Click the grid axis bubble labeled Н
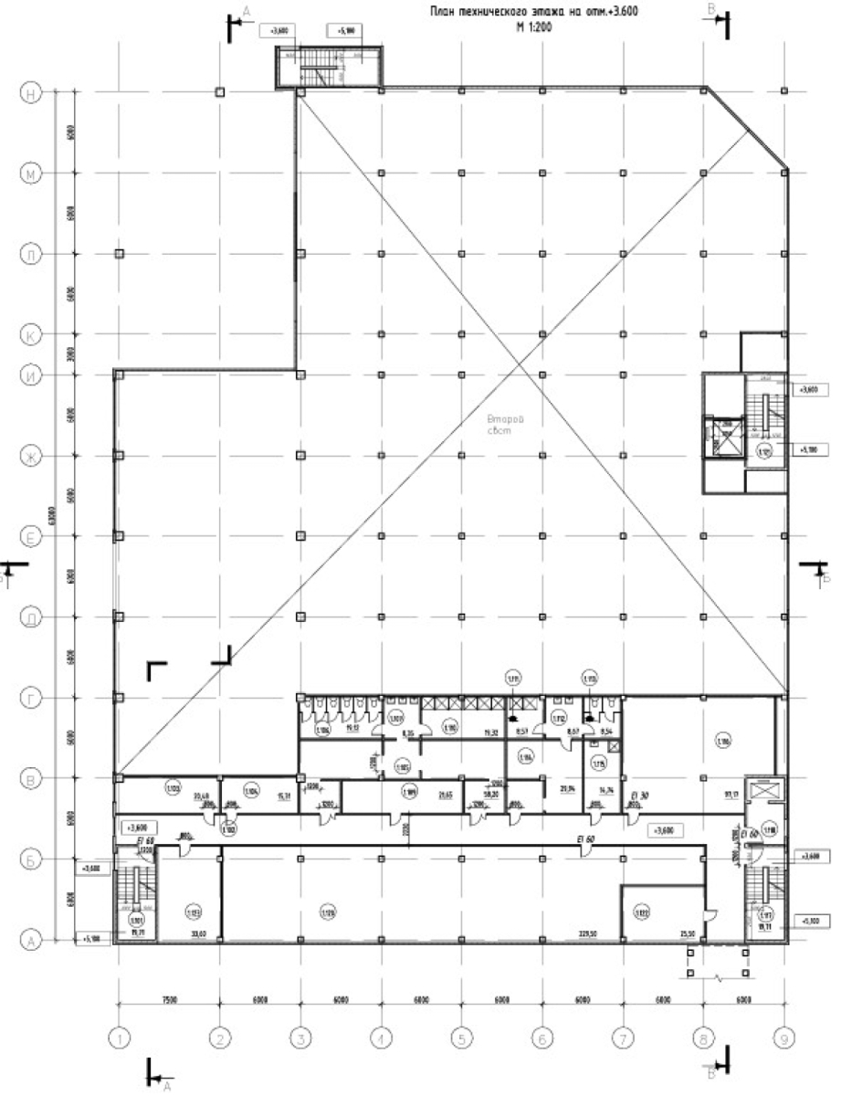pyautogui.click(x=30, y=92)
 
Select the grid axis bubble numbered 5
pyautogui.click(x=461, y=1038)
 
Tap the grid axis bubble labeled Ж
pyautogui.click(x=30, y=456)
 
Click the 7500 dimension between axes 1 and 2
pyautogui.click(x=168, y=1000)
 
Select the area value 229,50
pyautogui.click(x=586, y=934)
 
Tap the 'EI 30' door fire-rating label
pyautogui.click(x=639, y=796)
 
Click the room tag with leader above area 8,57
pyautogui.click(x=513, y=678)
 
